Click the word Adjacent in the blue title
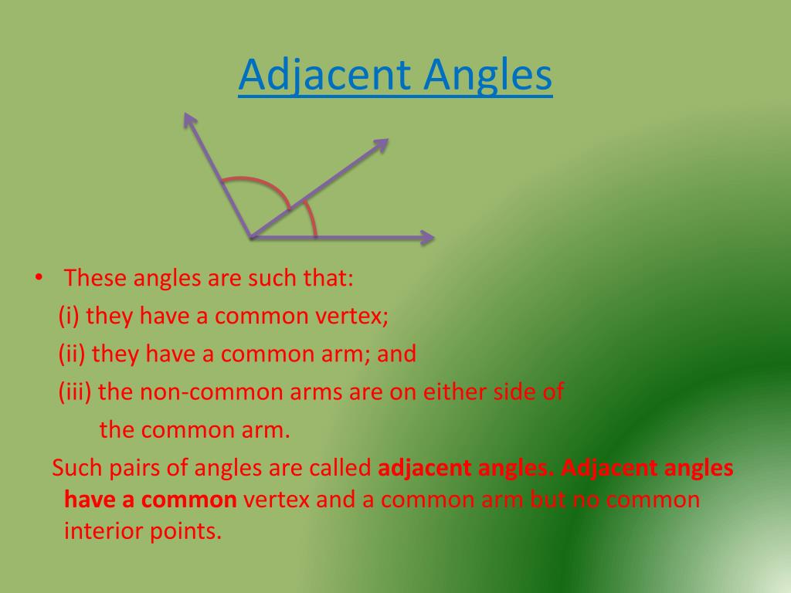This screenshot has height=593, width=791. tap(324, 76)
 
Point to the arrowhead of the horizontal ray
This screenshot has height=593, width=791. tap(426, 238)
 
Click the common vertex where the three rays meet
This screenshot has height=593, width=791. tap(251, 237)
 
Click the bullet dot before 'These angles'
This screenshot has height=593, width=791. tap(38, 277)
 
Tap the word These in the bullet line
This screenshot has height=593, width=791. tap(96, 278)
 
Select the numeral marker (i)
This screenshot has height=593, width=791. tap(70, 316)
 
